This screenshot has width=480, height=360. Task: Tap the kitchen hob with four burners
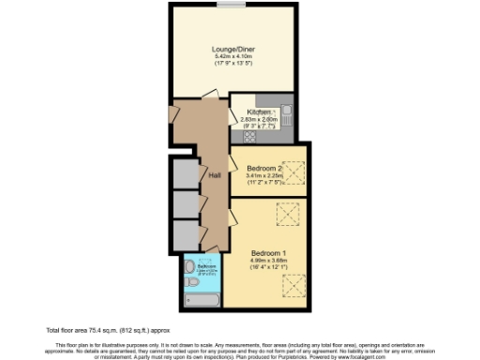(x=250, y=135)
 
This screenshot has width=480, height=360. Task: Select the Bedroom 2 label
(x=264, y=168)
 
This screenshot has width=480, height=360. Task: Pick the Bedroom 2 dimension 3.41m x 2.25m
(x=265, y=176)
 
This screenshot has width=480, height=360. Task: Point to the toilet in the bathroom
(x=190, y=269)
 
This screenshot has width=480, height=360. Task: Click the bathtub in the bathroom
(x=202, y=299)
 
